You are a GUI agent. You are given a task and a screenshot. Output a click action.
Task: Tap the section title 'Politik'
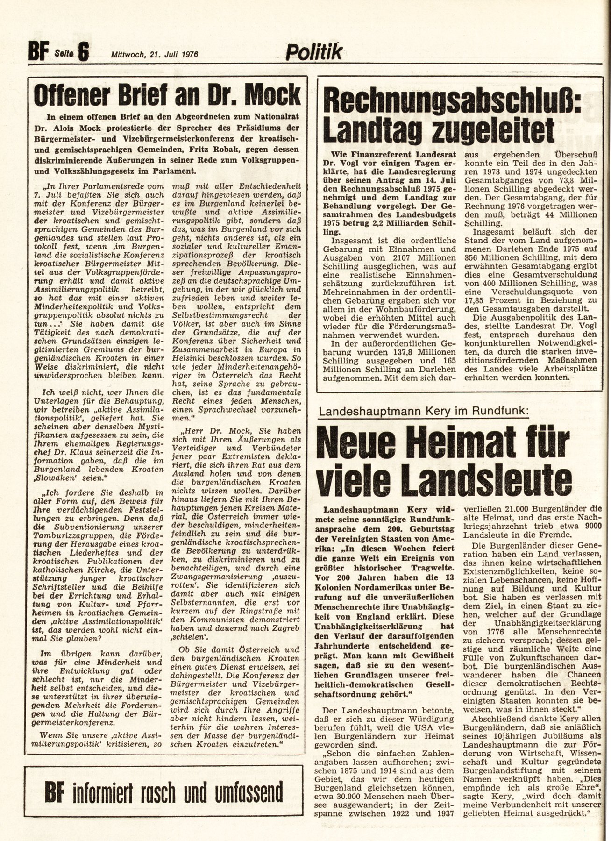[x=313, y=52]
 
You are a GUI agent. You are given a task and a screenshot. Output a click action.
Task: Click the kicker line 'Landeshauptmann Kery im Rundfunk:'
[x=423, y=411]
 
